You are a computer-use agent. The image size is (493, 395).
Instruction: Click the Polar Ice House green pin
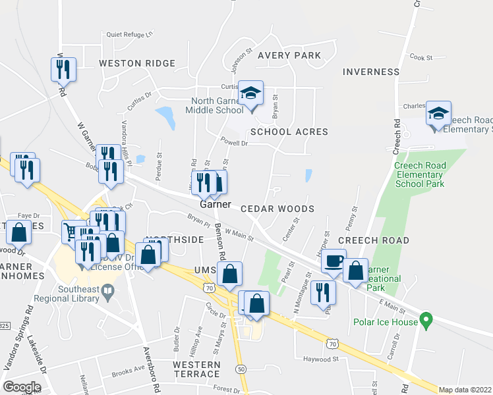click(x=426, y=321)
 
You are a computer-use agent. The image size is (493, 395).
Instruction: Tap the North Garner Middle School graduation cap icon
click(x=250, y=93)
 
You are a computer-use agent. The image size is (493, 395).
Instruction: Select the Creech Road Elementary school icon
click(x=438, y=114)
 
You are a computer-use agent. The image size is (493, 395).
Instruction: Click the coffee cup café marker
click(x=333, y=261)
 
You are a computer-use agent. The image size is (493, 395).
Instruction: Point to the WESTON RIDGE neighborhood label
click(x=137, y=63)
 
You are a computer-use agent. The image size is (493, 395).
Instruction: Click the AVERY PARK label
click(x=289, y=55)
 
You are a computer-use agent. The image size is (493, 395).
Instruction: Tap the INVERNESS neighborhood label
click(x=372, y=71)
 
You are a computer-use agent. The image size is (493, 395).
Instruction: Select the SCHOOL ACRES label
click(x=289, y=132)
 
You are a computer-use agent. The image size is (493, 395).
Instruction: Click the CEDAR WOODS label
click(x=277, y=208)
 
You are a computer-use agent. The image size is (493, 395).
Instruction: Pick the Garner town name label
click(x=215, y=204)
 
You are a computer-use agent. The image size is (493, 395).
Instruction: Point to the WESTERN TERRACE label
click(x=196, y=369)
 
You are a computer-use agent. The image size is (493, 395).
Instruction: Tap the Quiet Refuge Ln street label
click(x=129, y=34)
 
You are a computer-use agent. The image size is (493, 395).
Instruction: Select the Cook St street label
click(x=420, y=58)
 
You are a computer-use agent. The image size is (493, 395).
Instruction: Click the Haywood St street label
click(x=320, y=359)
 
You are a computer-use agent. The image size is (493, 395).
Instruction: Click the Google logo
click(x=22, y=386)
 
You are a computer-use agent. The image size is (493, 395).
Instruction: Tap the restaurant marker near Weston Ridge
click(x=63, y=69)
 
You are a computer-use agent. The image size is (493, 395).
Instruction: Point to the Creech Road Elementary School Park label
click(x=419, y=174)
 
